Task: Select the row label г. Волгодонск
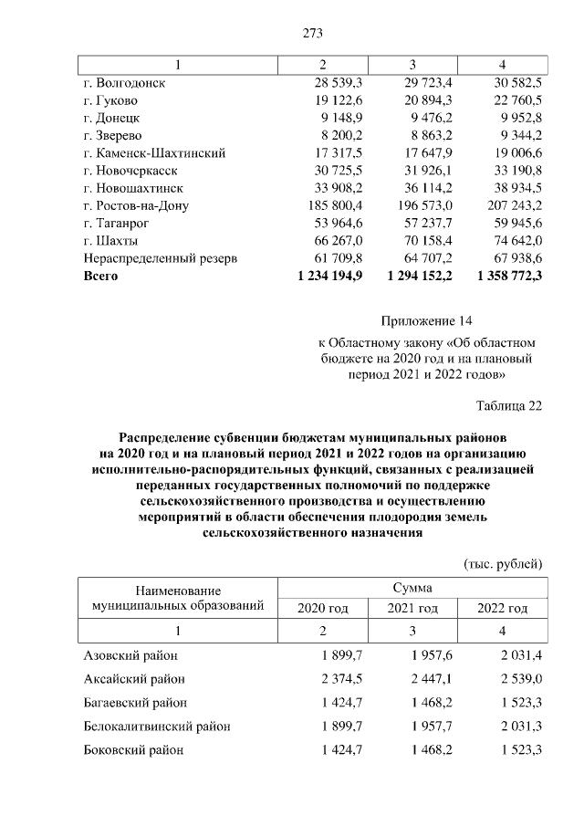point(126,83)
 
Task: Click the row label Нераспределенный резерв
point(161,258)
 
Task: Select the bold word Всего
point(101,275)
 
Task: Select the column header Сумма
point(412,589)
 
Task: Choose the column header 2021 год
point(412,609)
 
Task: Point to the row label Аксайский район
point(134,679)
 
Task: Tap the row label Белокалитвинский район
point(157,727)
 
